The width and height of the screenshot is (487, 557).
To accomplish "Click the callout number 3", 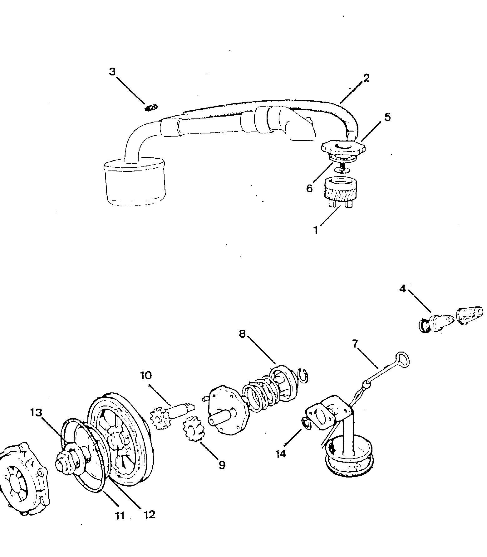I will coord(112,72).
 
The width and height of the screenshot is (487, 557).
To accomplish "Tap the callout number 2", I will coord(366,78).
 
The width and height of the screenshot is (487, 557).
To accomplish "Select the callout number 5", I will coord(387,117).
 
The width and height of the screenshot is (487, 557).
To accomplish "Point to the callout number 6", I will coord(309,188).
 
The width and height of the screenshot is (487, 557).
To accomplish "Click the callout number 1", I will coord(316,230).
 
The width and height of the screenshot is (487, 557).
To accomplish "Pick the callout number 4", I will coord(402,289).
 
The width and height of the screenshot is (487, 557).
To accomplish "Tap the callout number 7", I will coord(355,343).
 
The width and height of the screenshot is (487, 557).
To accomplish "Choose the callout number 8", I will coord(242,334).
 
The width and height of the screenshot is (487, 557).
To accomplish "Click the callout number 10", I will coord(146,375).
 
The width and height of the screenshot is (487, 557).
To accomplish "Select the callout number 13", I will coord(36,413).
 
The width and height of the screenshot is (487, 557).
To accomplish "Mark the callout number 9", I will coord(222,465).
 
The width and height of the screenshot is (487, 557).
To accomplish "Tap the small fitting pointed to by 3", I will coord(151,108).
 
